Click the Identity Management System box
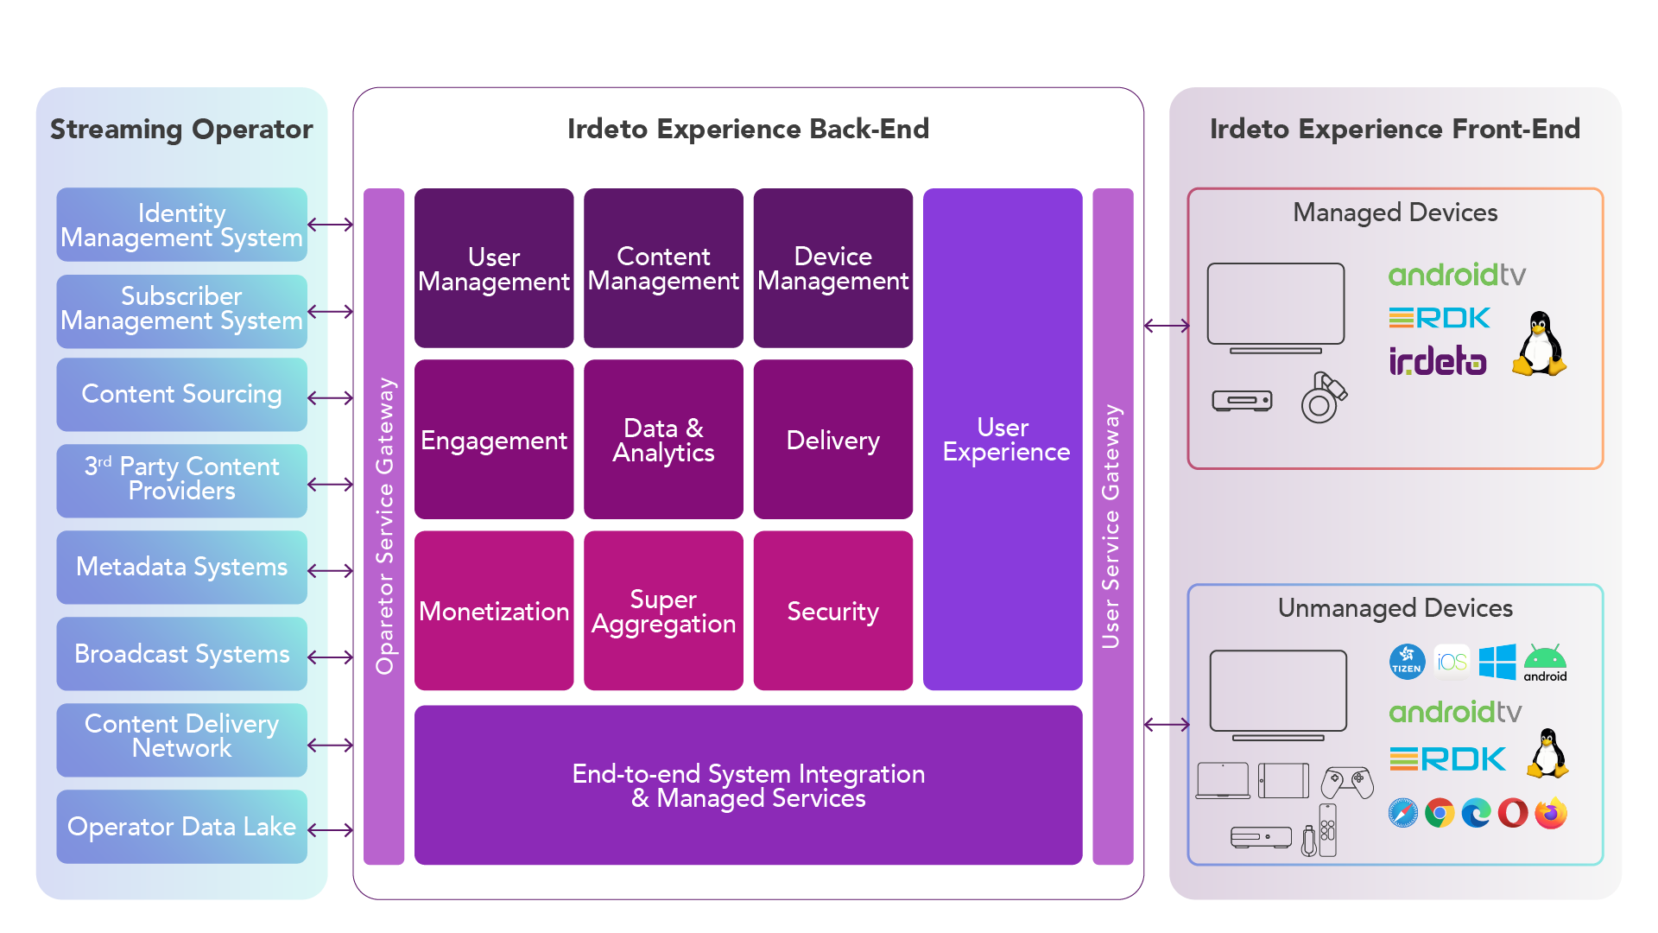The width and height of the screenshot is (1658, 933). pyautogui.click(x=181, y=225)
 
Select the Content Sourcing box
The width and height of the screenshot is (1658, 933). pyautogui.click(x=181, y=395)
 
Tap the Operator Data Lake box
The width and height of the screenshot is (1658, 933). pyautogui.click(x=181, y=827)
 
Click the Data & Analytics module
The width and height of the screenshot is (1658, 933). pyautogui.click(x=663, y=440)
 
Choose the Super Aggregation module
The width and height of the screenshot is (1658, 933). pyautogui.click(x=663, y=611)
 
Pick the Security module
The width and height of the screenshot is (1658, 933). pyautogui.click(x=832, y=611)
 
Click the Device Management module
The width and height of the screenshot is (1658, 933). pyautogui.click(x=832, y=269)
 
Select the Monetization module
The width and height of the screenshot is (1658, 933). pyautogui.click(x=494, y=611)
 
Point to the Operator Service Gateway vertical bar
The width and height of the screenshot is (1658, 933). pyautogui.click(x=384, y=526)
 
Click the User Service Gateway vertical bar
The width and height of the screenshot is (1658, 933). pyautogui.click(x=1112, y=526)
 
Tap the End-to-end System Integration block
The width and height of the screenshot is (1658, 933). pyautogui.click(x=748, y=785)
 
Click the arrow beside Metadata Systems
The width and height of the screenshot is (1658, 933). pyautogui.click(x=331, y=570)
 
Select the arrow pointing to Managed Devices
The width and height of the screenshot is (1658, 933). pyautogui.click(x=1167, y=326)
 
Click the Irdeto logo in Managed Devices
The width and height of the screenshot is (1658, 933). pyautogui.click(x=1438, y=361)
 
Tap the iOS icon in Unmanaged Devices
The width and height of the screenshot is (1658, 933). pyautogui.click(x=1452, y=662)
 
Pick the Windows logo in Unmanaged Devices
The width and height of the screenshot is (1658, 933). pyautogui.click(x=1497, y=662)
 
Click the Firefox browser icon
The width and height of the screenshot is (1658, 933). pyautogui.click(x=1551, y=813)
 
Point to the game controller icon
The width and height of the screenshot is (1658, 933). pyautogui.click(x=1347, y=781)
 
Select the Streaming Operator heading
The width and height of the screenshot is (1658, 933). pyautogui.click(x=181, y=129)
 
